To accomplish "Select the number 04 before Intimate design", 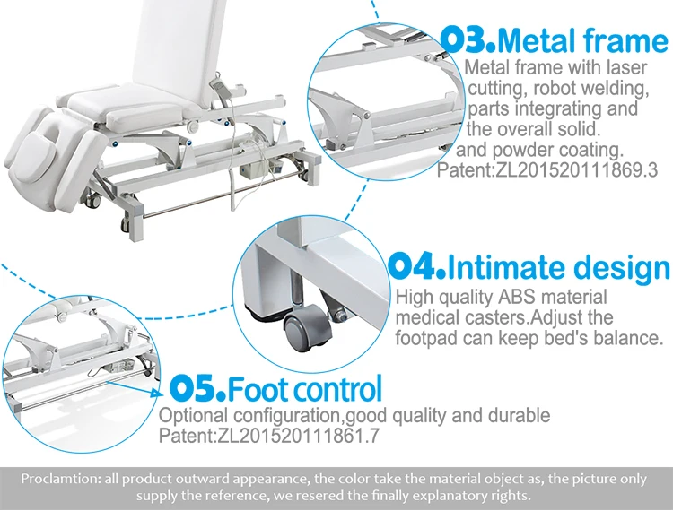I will click(415, 267).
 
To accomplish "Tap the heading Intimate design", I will click(557, 267).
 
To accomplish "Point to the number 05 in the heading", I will click(196, 389).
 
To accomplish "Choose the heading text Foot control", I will click(305, 389).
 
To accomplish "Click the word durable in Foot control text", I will click(519, 416).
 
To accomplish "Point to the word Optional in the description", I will click(190, 416).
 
